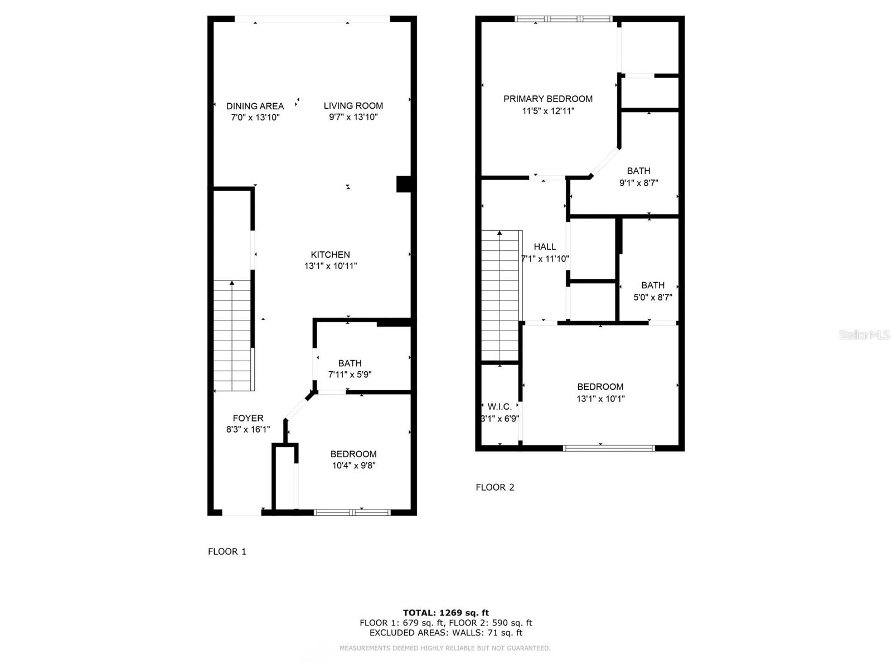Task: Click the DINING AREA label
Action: coord(255,106)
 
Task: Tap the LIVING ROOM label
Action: coord(353,105)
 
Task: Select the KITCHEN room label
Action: coord(331,255)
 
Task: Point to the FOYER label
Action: coord(248,418)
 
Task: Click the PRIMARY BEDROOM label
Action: coord(548,99)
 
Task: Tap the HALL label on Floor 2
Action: coord(545,246)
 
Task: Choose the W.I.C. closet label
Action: coord(500,407)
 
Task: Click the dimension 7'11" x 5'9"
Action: coord(350,375)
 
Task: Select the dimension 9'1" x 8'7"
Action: coord(639,183)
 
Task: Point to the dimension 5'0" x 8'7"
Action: coord(653,298)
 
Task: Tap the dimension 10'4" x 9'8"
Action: coord(353,466)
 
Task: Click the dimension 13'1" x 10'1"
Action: coord(600,399)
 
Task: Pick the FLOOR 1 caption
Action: coord(227,551)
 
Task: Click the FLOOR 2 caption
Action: coord(495,487)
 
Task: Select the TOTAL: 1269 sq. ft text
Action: coord(446,613)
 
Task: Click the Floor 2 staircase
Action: coord(501,295)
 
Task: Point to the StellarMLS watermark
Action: coord(864,335)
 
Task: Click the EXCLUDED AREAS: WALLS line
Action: coord(446,633)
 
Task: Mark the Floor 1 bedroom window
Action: coord(352,512)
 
